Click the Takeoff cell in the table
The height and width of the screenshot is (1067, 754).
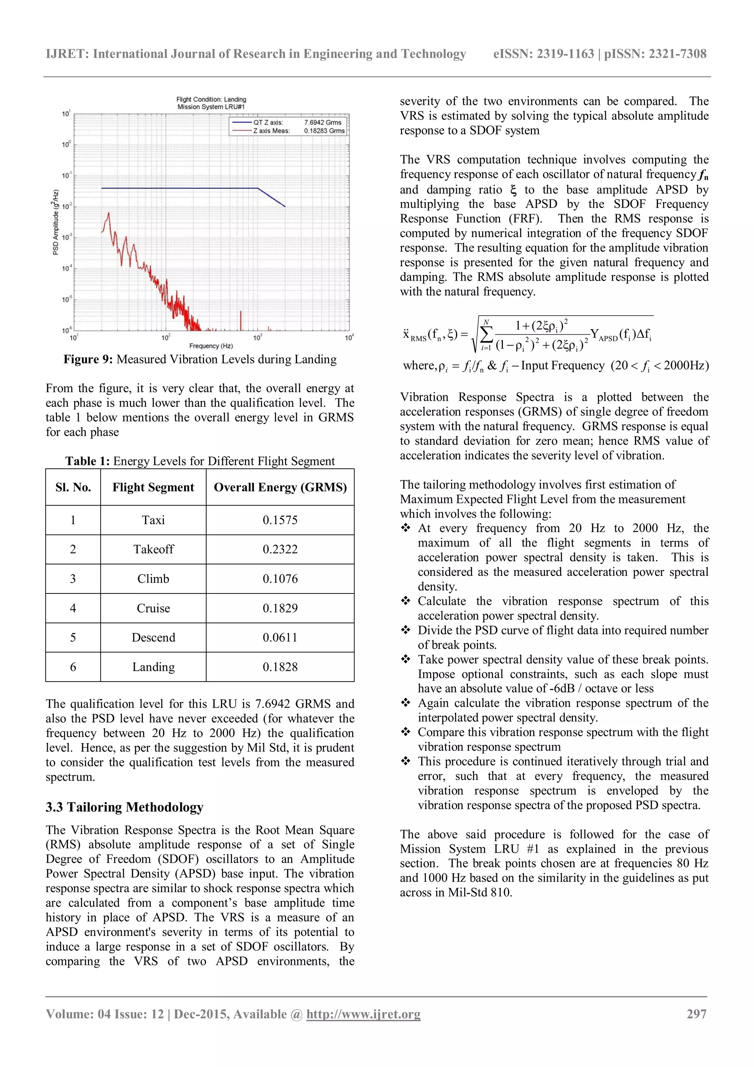coord(153,549)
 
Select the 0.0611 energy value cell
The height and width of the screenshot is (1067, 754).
coord(280,637)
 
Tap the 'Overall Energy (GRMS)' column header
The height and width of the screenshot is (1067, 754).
coord(280,487)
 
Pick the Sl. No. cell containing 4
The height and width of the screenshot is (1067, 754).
coord(73,608)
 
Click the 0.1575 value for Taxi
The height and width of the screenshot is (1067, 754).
coord(280,520)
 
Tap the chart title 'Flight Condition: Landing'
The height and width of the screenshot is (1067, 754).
coord(211,99)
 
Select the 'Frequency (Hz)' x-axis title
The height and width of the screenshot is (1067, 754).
coord(211,346)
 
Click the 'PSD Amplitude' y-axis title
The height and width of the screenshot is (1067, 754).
coord(56,222)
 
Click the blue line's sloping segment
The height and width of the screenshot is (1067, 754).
coord(272,197)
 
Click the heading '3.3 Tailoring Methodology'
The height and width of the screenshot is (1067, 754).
coord(124,807)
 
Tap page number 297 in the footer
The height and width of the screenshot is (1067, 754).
coord(697,1014)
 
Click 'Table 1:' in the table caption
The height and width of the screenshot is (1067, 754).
coord(87,461)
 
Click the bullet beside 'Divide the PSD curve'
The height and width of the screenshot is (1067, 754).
coord(406,630)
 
